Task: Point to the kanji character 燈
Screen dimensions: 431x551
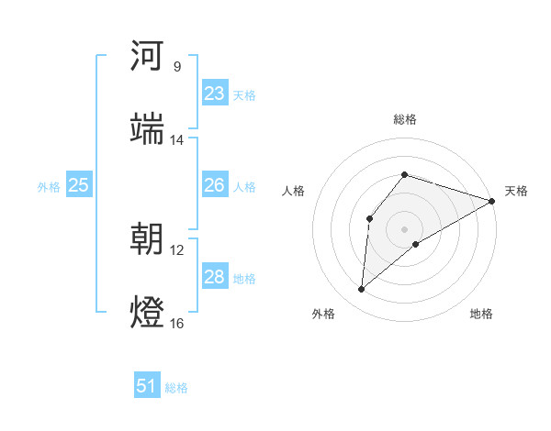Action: tap(147, 309)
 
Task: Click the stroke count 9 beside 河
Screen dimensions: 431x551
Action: tap(177, 67)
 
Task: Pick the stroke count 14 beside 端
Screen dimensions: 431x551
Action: tap(177, 139)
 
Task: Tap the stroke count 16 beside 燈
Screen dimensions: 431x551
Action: tap(177, 323)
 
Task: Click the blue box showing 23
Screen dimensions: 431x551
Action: tap(214, 94)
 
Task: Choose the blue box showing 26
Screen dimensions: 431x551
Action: tap(214, 185)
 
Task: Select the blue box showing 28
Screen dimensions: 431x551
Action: tap(214, 277)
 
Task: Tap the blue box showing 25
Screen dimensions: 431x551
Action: tap(78, 185)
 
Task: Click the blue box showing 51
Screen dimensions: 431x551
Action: tap(147, 386)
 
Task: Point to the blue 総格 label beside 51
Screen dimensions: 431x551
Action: tap(176, 388)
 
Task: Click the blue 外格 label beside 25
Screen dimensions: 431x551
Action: tap(49, 187)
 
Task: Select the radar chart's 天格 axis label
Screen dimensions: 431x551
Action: tap(516, 191)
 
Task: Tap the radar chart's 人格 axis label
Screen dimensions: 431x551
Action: tap(294, 191)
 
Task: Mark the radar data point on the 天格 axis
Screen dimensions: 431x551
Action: tap(491, 201)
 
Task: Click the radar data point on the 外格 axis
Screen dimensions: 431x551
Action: tap(361, 290)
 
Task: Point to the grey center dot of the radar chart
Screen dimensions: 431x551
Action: tap(404, 228)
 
